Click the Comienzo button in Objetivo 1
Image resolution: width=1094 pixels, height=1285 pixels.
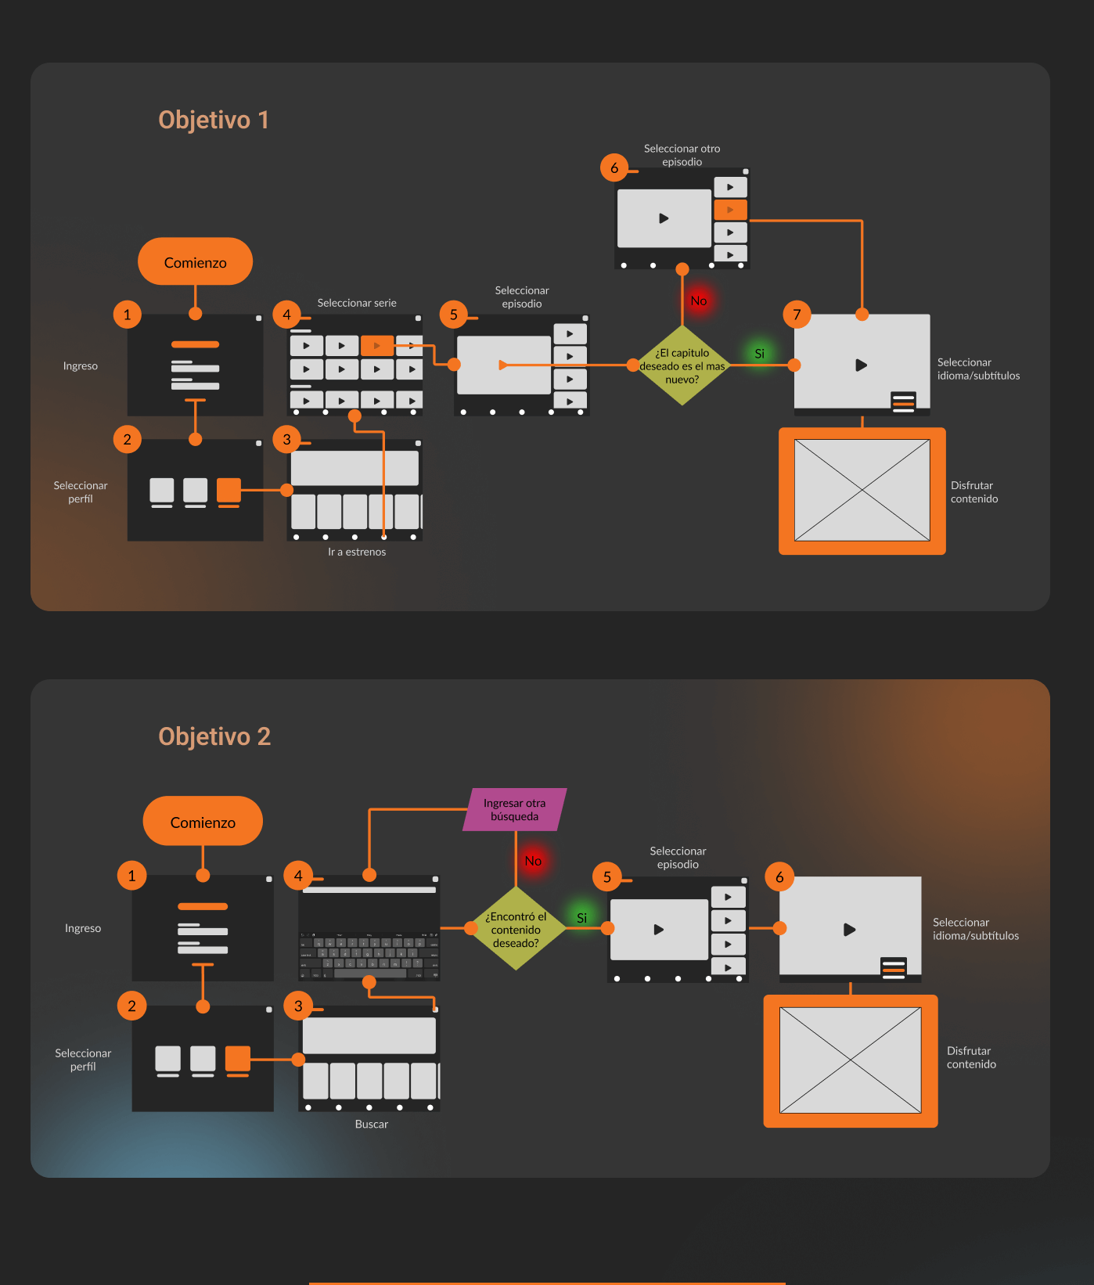click(195, 262)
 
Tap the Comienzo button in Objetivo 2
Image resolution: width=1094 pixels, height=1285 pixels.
click(203, 822)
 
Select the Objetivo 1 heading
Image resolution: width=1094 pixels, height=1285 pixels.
click(213, 120)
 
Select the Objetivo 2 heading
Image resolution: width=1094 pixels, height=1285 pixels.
click(214, 736)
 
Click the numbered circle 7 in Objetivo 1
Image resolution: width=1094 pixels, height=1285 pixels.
click(797, 315)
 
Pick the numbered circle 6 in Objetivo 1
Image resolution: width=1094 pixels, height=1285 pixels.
click(614, 167)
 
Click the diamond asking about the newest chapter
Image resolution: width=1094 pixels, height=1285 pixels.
click(682, 365)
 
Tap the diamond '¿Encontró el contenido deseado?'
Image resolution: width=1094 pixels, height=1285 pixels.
click(516, 929)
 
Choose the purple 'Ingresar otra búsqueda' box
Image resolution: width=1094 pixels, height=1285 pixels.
click(514, 810)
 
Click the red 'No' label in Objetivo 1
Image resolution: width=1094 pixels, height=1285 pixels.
click(699, 301)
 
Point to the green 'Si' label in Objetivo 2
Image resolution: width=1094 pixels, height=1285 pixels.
click(581, 918)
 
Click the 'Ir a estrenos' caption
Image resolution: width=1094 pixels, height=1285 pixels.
click(357, 552)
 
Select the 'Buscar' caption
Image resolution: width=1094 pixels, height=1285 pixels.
click(371, 1124)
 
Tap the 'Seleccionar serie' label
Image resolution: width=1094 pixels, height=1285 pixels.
click(357, 303)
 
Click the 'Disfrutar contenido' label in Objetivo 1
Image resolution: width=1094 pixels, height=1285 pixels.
click(974, 492)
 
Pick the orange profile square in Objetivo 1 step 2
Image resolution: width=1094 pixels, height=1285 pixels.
click(229, 490)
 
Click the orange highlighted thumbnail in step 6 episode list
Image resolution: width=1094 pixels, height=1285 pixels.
click(730, 210)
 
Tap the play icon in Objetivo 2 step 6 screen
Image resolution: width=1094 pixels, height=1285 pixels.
click(849, 930)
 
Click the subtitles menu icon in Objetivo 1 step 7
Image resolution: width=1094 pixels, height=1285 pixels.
click(903, 401)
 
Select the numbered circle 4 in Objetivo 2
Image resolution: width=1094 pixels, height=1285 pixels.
click(298, 876)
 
